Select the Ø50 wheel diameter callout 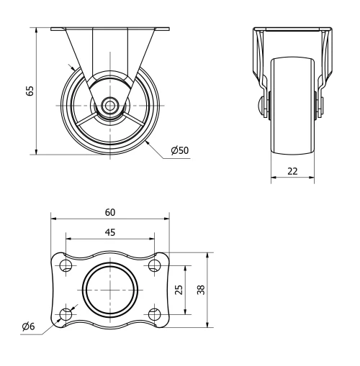coord(179,150)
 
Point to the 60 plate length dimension coord(109,212)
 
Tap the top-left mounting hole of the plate coord(66,266)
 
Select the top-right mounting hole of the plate coord(153,266)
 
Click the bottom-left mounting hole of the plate coord(66,314)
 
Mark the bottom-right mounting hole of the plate coord(153,314)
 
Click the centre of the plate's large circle coord(109,290)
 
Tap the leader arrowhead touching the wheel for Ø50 coord(146,142)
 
